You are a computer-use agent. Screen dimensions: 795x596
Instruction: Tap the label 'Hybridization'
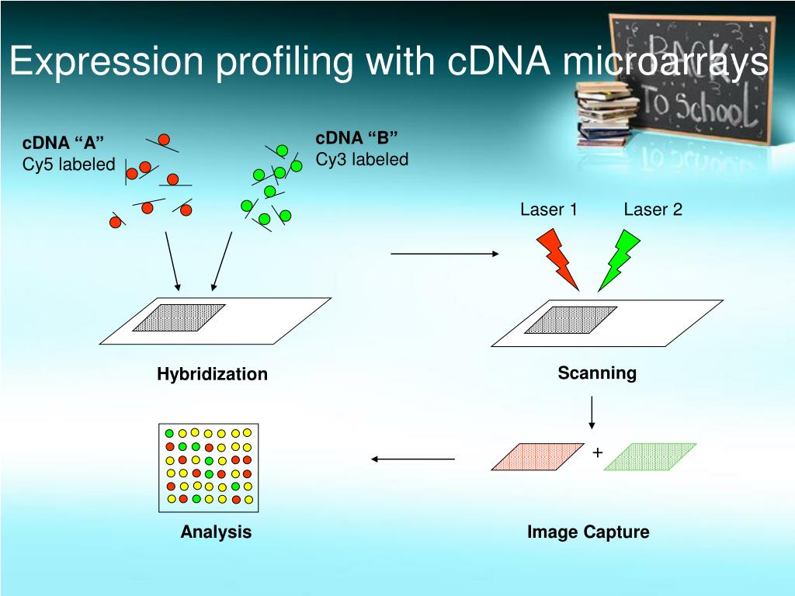[x=212, y=374]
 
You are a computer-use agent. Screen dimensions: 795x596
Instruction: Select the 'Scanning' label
[x=597, y=373]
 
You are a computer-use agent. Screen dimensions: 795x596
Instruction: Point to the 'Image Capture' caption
[x=588, y=532]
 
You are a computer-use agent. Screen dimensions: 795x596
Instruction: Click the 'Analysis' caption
[x=216, y=532]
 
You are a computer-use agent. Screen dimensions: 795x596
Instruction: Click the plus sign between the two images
[x=597, y=452]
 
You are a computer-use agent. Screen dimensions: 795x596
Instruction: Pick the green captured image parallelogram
[x=651, y=457]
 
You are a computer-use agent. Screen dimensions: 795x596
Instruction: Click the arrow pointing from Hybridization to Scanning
[x=445, y=254]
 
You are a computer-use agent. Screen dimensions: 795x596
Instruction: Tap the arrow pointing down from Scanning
[x=592, y=412]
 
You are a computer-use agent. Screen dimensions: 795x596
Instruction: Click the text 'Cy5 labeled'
[x=68, y=165]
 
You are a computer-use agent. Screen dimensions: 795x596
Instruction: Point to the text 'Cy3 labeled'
[x=362, y=160]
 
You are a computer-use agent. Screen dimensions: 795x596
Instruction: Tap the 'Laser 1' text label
[x=548, y=210]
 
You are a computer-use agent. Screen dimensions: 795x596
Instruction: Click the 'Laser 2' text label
[x=653, y=210]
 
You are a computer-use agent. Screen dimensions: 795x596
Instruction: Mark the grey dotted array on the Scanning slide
[x=571, y=320]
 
